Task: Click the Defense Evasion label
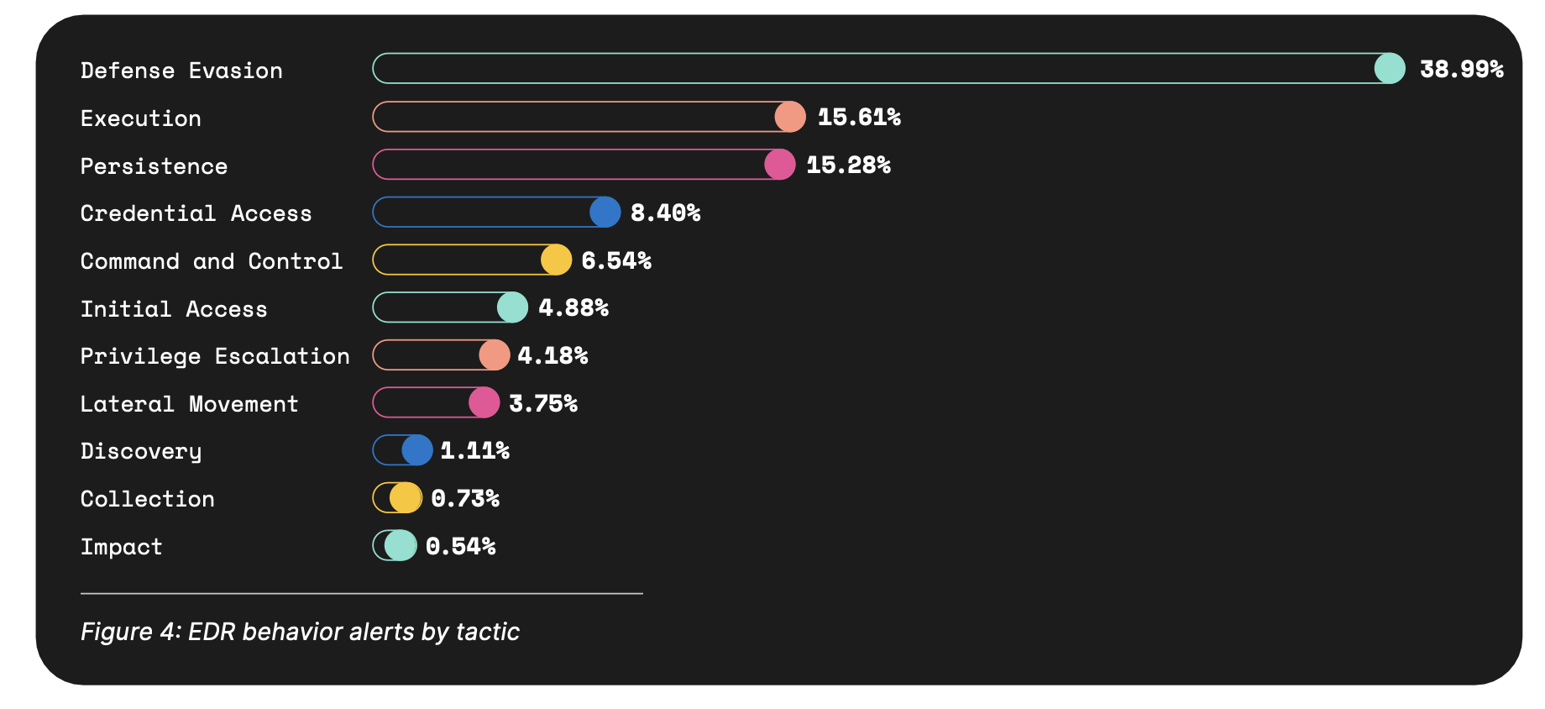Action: (x=181, y=71)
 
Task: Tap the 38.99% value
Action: (x=1461, y=69)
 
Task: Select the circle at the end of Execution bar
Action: (x=790, y=117)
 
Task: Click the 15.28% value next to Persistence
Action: (x=848, y=165)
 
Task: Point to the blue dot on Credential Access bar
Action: (x=605, y=213)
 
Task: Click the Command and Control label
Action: (x=212, y=261)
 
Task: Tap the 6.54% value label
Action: (x=616, y=260)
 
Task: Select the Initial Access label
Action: (x=174, y=309)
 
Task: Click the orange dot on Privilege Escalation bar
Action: (x=495, y=355)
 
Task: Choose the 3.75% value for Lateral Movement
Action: (x=543, y=403)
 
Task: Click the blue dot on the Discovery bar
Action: (x=416, y=450)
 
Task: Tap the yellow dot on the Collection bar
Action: (x=405, y=498)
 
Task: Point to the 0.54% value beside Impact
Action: (x=460, y=546)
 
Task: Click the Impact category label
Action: (x=122, y=547)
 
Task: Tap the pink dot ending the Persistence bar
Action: (x=779, y=165)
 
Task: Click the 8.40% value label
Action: (x=665, y=213)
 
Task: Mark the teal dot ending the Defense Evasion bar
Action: (x=1389, y=68)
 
